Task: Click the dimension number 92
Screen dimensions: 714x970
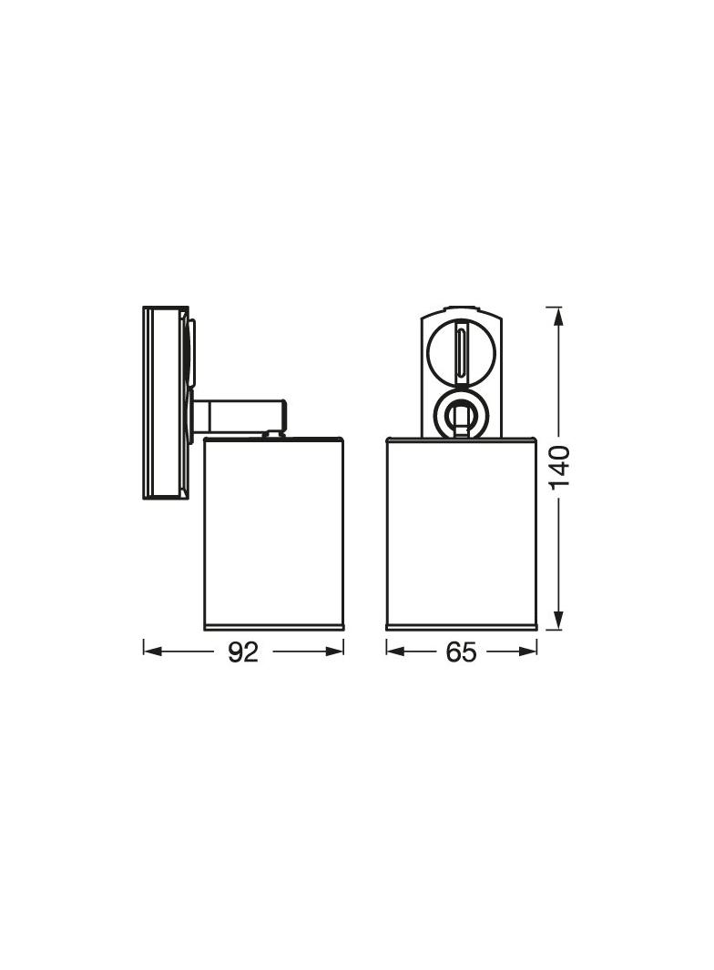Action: point(243,652)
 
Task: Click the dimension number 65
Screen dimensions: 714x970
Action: point(461,652)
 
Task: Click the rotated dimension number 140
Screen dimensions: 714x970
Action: point(560,467)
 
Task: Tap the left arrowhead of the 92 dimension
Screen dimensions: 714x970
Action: point(152,652)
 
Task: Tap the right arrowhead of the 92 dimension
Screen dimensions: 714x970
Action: point(334,652)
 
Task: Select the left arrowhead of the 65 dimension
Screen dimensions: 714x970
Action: point(395,652)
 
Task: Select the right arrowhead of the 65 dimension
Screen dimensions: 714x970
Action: point(527,652)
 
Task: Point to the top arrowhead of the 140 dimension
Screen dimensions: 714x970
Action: point(558,316)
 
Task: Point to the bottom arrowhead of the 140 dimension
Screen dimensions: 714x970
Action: point(558,621)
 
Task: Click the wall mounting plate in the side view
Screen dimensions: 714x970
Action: point(166,402)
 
